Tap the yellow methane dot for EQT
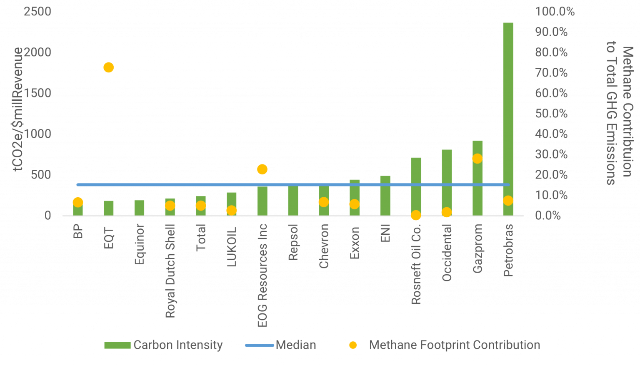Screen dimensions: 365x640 108,67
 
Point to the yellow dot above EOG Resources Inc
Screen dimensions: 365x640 262,169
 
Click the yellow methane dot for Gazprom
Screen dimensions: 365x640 477,159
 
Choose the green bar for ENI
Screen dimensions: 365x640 385,196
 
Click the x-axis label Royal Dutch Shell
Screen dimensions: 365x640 170,271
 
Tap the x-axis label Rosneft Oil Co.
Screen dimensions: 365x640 416,264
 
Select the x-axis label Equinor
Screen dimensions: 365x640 140,244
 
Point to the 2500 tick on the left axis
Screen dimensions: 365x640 37,12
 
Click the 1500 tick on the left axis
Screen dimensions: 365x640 37,93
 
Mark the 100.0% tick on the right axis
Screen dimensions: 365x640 555,12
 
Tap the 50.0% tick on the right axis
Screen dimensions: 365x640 551,114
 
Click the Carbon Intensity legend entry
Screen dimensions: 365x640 164,345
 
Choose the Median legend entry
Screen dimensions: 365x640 280,345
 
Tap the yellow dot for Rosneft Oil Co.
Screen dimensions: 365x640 416,215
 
